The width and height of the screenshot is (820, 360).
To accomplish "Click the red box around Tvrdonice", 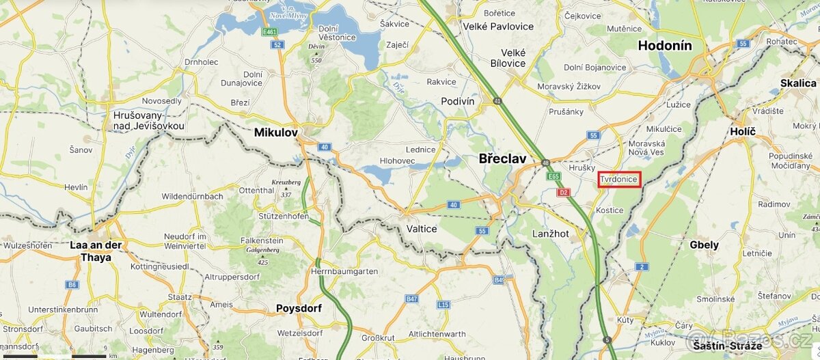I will coord(619,180).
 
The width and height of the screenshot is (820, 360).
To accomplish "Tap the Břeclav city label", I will coord(502,158).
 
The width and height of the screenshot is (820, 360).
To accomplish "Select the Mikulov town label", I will coord(275,132).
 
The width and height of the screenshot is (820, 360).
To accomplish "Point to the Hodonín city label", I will coord(665,46).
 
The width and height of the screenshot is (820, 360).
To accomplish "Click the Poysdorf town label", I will coord(299,308).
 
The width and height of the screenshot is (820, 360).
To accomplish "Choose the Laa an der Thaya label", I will coord(96,251).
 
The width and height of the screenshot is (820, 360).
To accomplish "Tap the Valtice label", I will coord(421,229).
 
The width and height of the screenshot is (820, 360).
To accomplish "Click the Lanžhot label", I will coord(551,234).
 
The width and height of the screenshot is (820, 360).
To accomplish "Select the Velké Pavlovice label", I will coord(507,27).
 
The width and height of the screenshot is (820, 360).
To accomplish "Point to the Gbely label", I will coord(704,245).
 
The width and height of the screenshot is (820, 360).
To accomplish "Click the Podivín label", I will coord(458,100).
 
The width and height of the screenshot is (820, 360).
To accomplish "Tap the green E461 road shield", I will coord(270,32).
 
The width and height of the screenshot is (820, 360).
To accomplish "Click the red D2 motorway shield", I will coord(564,192).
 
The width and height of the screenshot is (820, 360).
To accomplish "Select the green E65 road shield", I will coord(553,176).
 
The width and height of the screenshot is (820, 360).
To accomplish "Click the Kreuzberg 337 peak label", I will coord(286,188).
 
